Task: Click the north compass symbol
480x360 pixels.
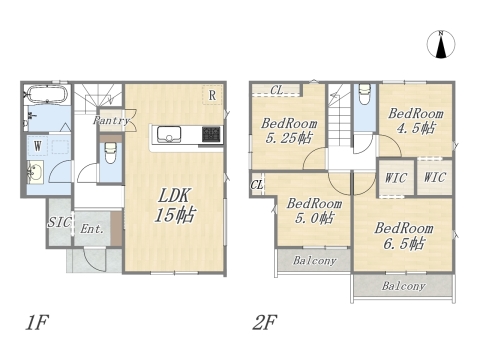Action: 441,44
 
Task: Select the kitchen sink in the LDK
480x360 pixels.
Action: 169,134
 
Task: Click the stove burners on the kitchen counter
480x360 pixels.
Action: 211,135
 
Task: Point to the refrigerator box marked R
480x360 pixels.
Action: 212,95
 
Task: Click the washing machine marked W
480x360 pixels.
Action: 38,146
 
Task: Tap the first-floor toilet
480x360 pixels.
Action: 110,153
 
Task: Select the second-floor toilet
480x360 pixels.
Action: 365,93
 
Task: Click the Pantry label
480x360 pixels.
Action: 111,120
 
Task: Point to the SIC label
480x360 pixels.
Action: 59,222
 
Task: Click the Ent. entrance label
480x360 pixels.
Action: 92,229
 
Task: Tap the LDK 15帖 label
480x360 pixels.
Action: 174,205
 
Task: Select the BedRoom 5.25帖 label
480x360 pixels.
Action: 289,130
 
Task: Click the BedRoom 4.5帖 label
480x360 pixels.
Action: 416,121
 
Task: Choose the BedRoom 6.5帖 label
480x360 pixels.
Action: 404,236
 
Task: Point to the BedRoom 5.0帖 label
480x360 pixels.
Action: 314,211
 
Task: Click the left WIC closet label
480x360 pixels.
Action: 396,178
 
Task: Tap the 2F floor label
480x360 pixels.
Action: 265,322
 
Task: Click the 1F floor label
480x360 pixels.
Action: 37,322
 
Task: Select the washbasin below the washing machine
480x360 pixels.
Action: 35,172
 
